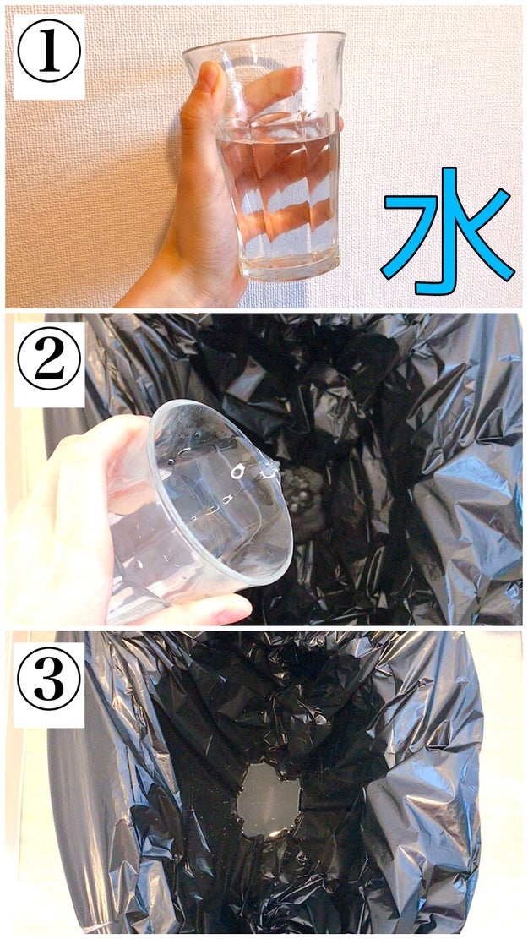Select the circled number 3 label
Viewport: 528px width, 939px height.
[49, 679]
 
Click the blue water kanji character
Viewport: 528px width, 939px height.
[447, 231]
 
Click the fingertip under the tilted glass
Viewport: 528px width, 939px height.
[227, 609]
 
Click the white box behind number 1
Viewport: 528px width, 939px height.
[49, 57]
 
